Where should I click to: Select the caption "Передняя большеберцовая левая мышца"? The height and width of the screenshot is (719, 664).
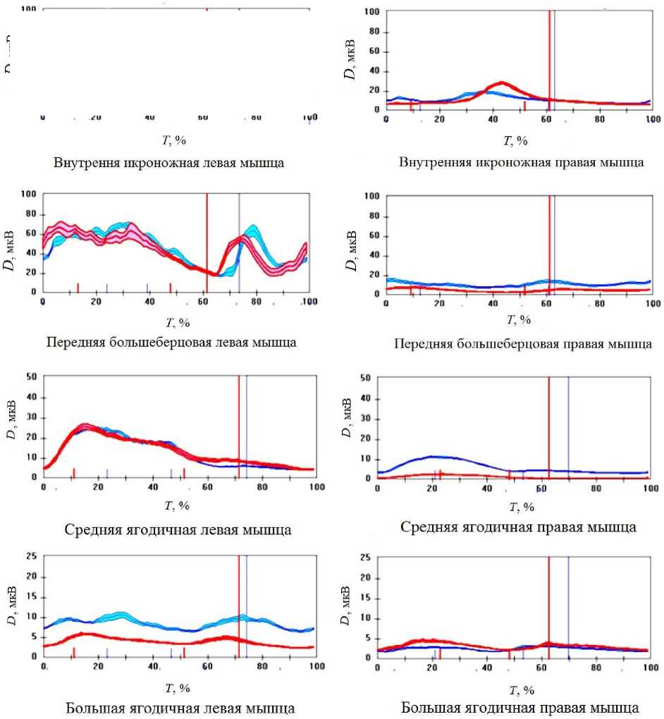click(x=171, y=343)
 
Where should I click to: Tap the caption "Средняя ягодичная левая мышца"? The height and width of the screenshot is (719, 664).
click(x=178, y=529)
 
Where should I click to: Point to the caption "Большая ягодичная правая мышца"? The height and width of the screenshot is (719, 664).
click(x=521, y=708)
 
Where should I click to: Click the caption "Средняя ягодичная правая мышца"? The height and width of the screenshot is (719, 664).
click(x=518, y=527)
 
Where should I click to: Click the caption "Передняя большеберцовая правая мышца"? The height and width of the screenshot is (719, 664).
click(x=522, y=345)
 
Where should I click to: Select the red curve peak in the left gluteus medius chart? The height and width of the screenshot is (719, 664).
click(x=85, y=425)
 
